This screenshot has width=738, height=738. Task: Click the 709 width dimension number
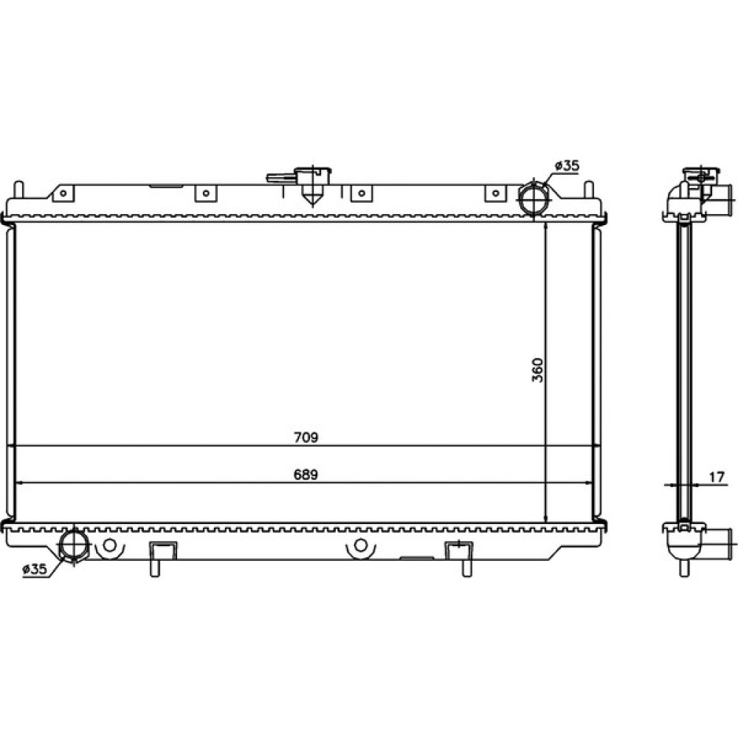pyautogui.click(x=306, y=438)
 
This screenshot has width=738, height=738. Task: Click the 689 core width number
pyautogui.click(x=306, y=475)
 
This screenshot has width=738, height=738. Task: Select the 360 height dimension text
pyautogui.click(x=537, y=370)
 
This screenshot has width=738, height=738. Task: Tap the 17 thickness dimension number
pyautogui.click(x=716, y=477)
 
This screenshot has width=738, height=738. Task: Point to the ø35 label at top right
pyautogui.click(x=567, y=165)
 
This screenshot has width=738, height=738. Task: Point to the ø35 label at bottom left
pyautogui.click(x=35, y=569)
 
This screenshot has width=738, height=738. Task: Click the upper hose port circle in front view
pyautogui.click(x=534, y=198)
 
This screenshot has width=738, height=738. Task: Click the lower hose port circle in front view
pyautogui.click(x=73, y=544)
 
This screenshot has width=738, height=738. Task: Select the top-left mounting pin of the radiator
pyautogui.click(x=18, y=190)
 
